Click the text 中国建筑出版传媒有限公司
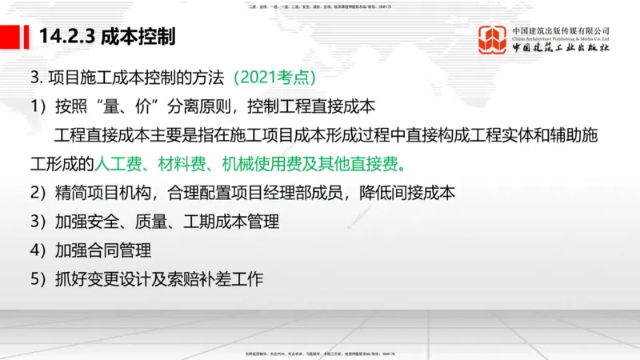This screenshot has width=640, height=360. coord(561,30)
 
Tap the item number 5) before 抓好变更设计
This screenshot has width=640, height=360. coord(38,280)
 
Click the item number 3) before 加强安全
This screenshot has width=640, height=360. coord(38,222)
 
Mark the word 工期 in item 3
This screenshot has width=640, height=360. coord(180,222)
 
